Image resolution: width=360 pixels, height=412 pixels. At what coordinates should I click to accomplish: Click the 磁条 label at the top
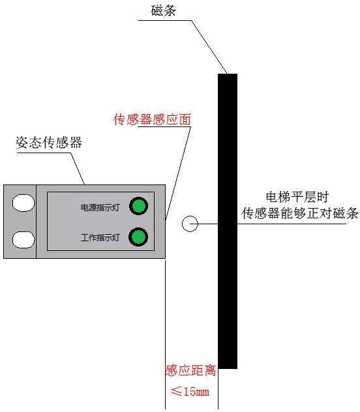click(x=163, y=11)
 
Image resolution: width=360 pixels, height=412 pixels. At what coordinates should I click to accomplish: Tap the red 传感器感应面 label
click(x=152, y=119)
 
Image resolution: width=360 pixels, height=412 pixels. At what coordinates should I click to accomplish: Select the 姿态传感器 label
click(x=49, y=142)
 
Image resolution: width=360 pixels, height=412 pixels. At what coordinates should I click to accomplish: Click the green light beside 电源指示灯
click(x=138, y=206)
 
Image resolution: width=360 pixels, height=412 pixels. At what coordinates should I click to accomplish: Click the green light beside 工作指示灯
click(x=138, y=237)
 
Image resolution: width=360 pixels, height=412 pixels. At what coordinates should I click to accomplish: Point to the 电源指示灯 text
click(x=100, y=208)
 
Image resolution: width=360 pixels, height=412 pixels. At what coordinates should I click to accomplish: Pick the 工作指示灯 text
click(x=100, y=238)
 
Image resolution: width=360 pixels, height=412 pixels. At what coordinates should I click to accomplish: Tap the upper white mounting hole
click(x=23, y=203)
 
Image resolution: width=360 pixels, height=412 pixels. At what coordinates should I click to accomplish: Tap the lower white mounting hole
click(x=23, y=240)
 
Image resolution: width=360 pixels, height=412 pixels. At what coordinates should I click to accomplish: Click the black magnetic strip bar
click(x=228, y=221)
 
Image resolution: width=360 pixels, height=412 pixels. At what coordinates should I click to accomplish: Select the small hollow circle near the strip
click(x=190, y=224)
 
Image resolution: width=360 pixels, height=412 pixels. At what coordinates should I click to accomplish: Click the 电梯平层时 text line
click(x=297, y=197)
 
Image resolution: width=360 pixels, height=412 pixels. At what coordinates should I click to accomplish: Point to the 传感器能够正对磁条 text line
click(x=300, y=213)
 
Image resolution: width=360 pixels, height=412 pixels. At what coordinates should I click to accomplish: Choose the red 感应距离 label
click(x=191, y=371)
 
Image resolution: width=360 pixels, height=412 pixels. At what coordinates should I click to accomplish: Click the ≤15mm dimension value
click(x=190, y=392)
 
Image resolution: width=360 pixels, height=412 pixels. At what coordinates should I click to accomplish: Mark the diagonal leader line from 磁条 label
click(x=209, y=47)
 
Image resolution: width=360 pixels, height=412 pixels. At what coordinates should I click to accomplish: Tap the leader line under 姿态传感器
click(x=78, y=169)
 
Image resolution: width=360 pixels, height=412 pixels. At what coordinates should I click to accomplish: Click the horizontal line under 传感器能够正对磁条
click(x=292, y=224)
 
